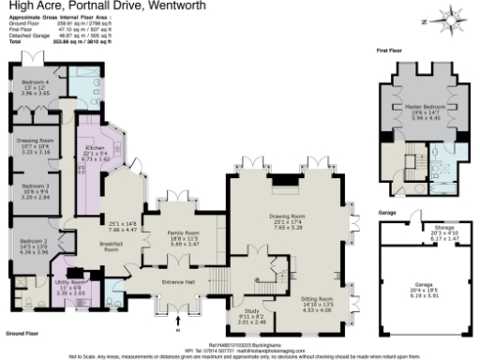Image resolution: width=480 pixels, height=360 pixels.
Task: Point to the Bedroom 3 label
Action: [35, 187]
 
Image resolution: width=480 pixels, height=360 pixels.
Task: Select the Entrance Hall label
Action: [176, 281]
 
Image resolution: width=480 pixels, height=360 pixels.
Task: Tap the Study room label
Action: [249, 309]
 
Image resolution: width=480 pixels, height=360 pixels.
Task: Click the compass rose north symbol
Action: [452, 18]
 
